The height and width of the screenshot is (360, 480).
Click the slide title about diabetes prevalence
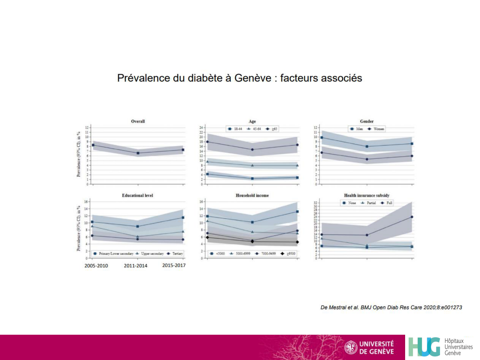[x=239, y=78]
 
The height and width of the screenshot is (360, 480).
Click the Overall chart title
[x=138, y=121]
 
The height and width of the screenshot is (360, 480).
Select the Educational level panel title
[x=137, y=195]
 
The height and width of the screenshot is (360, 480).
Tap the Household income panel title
[x=252, y=195]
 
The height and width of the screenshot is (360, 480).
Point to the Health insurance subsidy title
[x=367, y=195]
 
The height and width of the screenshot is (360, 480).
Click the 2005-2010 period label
[x=96, y=266]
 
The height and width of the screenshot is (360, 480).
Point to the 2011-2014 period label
[x=135, y=266]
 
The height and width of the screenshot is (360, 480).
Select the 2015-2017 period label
[x=174, y=265]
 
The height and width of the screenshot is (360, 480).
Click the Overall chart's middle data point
[x=138, y=153]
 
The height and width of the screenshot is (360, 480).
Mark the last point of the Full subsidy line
[x=412, y=217]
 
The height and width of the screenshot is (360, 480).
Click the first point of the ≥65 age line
[x=207, y=142]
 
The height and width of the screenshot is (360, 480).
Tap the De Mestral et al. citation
[x=391, y=307]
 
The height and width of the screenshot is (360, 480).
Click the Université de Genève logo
[x=369, y=348]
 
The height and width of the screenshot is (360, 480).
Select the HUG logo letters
[x=424, y=347]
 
